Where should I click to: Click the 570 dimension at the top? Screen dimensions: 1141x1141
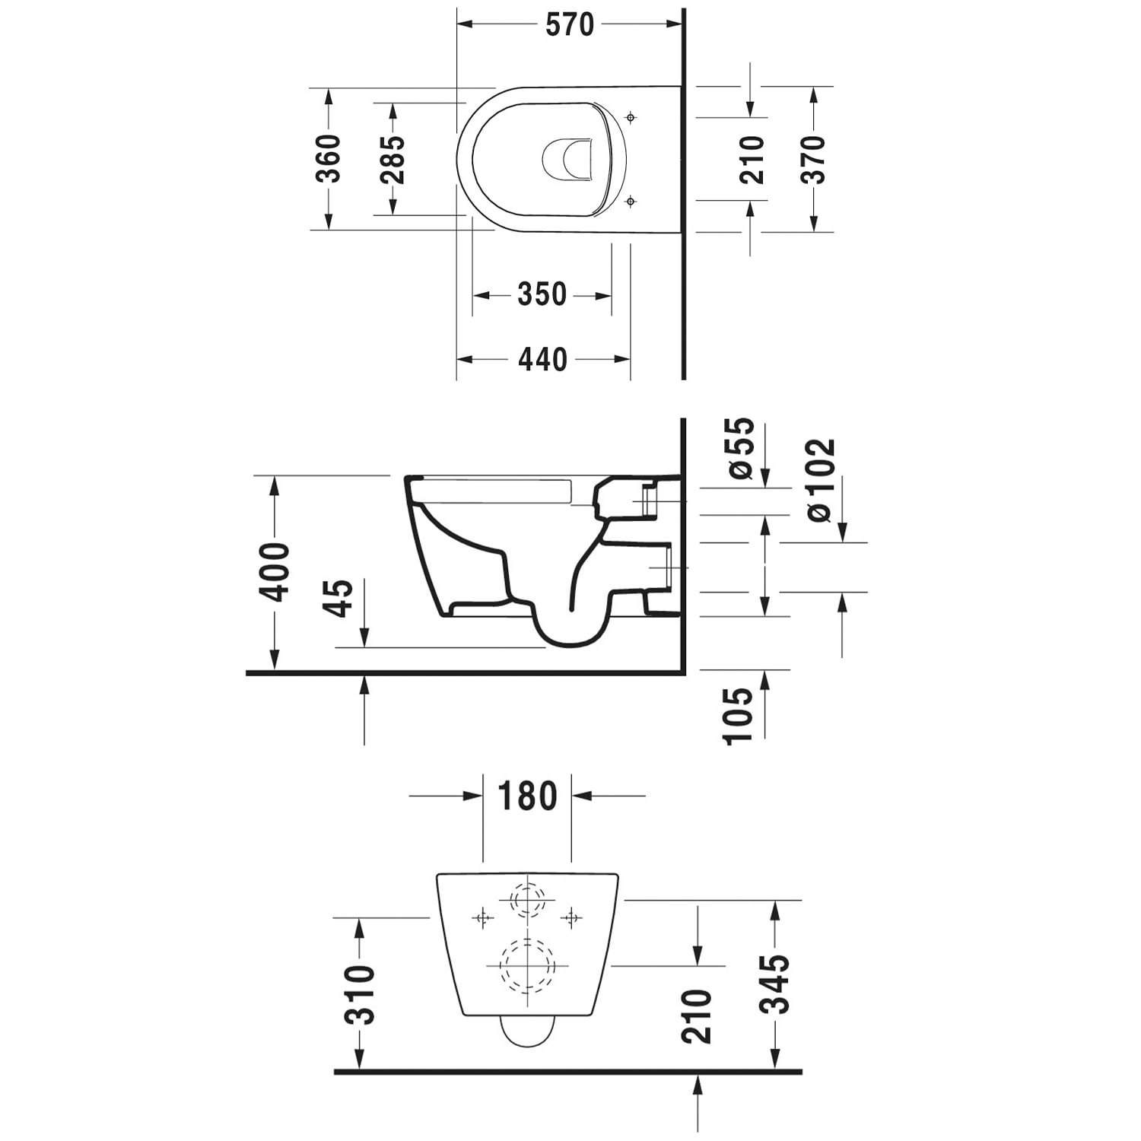[570, 25]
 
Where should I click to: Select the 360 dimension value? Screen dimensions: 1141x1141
[329, 158]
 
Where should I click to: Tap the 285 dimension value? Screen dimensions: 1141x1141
[393, 160]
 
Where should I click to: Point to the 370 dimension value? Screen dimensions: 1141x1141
[813, 159]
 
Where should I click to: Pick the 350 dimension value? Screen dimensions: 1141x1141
[542, 294]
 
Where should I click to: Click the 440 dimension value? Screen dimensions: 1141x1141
[542, 359]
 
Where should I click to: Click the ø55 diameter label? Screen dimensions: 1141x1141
[741, 448]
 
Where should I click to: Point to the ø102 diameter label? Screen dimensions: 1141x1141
[821, 480]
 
